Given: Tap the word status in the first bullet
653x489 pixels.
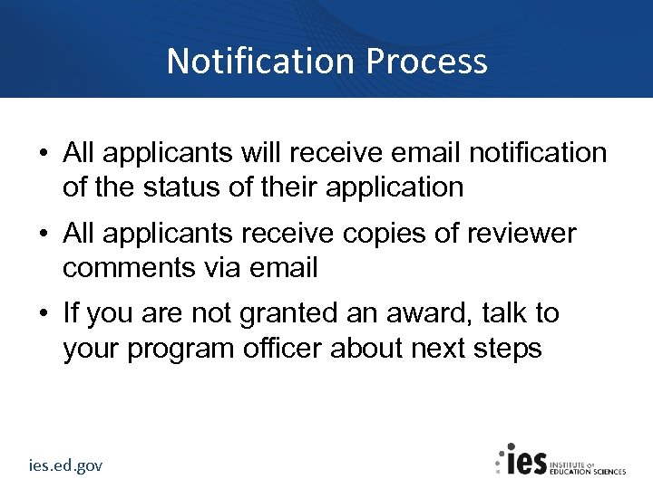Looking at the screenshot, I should click(181, 187).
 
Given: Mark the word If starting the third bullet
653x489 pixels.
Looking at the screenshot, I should click(70, 314).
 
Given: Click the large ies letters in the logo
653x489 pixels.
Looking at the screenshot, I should click(526, 461).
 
